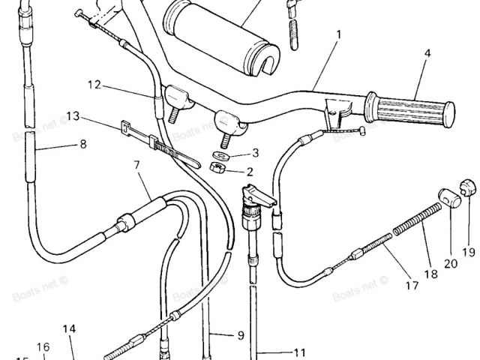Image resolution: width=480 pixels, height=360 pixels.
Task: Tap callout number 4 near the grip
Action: [x=427, y=53]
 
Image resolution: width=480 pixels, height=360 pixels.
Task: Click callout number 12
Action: [x=93, y=85]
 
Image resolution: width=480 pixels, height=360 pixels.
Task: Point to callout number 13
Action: [x=73, y=116]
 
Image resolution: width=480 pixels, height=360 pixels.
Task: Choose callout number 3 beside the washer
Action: [x=255, y=153]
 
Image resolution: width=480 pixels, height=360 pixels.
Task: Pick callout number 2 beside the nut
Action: [x=250, y=171]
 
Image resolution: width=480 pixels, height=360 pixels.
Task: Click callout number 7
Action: [x=137, y=163]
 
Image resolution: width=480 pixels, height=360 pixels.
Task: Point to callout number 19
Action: [x=469, y=250]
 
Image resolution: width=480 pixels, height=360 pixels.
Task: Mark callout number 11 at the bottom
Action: [x=300, y=352]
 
